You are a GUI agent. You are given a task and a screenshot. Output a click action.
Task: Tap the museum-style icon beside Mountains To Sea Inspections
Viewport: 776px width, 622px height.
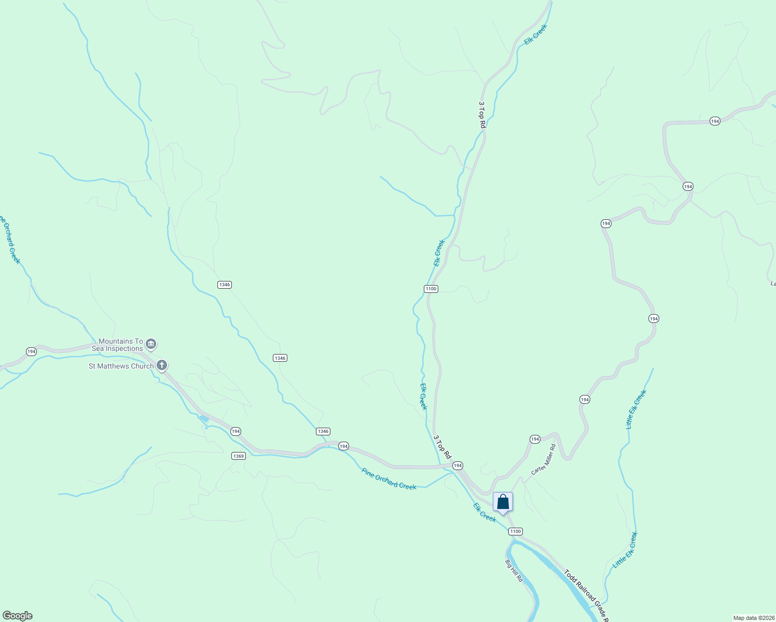pyautogui.click(x=151, y=344)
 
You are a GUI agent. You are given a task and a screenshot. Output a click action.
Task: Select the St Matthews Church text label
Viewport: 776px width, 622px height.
pyautogui.click(x=121, y=366)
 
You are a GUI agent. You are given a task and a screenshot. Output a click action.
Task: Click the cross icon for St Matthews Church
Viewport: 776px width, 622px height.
pyautogui.click(x=162, y=366)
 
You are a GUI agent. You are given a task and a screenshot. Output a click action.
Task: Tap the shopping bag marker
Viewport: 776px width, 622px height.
pyautogui.click(x=503, y=502)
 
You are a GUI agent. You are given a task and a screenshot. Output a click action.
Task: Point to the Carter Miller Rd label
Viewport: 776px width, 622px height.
pyautogui.click(x=543, y=460)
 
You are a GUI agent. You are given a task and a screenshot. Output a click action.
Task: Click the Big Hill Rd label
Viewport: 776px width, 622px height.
pyautogui.click(x=514, y=570)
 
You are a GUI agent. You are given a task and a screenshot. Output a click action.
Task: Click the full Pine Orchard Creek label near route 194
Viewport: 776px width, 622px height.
pyautogui.click(x=389, y=479)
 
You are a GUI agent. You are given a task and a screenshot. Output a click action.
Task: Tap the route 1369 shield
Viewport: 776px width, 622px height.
pyautogui.click(x=238, y=456)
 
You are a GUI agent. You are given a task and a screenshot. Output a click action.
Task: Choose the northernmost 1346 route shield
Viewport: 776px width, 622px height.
pyautogui.click(x=225, y=285)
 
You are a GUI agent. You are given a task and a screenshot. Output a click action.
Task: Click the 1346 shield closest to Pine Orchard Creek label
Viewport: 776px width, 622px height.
pyautogui.click(x=323, y=431)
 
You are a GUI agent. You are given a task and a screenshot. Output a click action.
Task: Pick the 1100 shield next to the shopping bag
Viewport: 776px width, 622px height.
pyautogui.click(x=515, y=531)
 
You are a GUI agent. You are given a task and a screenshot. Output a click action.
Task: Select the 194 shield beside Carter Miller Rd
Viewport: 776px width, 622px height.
pyautogui.click(x=535, y=439)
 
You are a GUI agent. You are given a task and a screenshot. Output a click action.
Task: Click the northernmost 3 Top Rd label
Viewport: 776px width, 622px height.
pyautogui.click(x=481, y=115)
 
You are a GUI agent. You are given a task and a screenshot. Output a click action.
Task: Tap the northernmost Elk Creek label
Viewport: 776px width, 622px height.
pyautogui.click(x=535, y=34)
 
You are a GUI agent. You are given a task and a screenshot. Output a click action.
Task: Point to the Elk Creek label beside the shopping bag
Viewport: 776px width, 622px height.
pyautogui.click(x=484, y=512)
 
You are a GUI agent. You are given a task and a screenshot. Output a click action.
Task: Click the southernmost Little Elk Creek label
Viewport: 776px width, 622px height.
pyautogui.click(x=626, y=550)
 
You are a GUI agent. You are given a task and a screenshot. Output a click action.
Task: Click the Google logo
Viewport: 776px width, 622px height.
pyautogui.click(x=17, y=616)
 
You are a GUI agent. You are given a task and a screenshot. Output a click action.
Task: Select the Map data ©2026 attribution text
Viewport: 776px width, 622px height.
pyautogui.click(x=753, y=618)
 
